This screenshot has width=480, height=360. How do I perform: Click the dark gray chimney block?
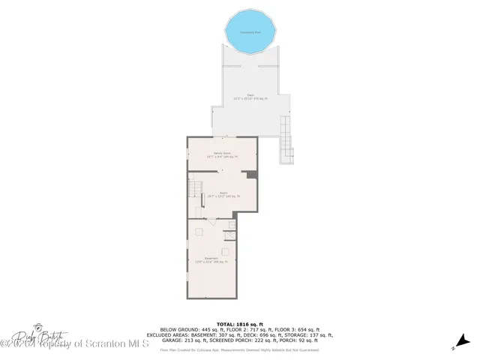click(253, 175)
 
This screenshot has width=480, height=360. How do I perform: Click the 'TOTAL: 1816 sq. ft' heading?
click(240, 323)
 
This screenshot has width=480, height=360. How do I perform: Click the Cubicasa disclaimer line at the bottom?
click(240, 349)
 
